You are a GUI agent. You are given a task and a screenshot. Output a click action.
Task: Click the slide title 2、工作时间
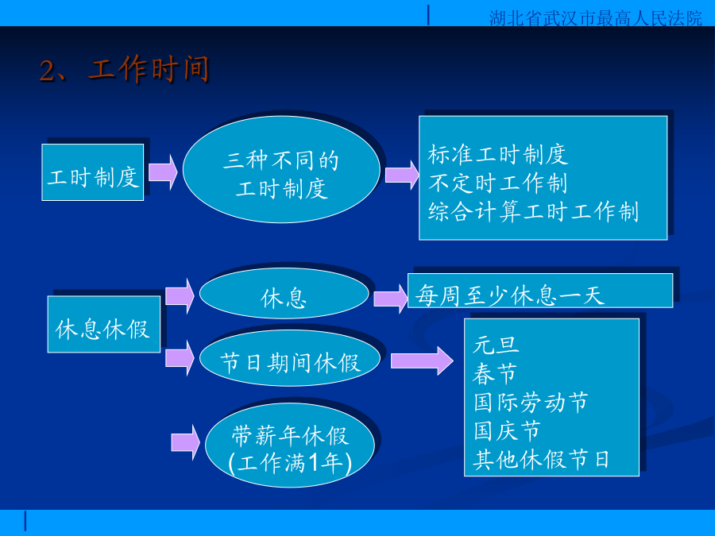(x=124, y=69)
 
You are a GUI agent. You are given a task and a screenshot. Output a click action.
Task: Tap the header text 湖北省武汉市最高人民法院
(x=596, y=18)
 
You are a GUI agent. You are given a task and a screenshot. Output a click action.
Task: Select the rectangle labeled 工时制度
(x=93, y=172)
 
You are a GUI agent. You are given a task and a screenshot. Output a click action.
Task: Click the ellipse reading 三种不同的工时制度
(x=281, y=169)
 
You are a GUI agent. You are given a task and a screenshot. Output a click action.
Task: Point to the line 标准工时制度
(x=498, y=155)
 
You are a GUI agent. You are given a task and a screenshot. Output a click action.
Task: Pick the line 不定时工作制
(x=497, y=183)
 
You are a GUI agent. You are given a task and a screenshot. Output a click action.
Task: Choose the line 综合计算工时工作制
(x=533, y=211)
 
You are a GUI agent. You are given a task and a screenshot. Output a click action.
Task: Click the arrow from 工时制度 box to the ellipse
(x=163, y=172)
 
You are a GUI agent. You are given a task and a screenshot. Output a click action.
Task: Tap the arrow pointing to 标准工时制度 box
(x=402, y=175)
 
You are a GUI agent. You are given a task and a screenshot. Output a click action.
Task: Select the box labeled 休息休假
(x=104, y=324)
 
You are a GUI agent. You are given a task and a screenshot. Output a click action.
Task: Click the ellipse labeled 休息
(x=284, y=294)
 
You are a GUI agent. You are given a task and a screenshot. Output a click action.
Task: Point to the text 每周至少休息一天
(x=510, y=295)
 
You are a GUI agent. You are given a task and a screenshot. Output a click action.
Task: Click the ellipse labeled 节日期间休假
(x=290, y=358)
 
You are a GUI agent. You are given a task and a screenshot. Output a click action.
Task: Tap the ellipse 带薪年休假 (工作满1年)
(x=290, y=445)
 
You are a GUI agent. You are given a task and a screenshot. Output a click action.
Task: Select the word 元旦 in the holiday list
(x=496, y=345)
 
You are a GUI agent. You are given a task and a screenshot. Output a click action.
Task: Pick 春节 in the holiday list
(x=495, y=374)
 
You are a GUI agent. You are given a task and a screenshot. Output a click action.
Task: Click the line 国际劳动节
(x=531, y=402)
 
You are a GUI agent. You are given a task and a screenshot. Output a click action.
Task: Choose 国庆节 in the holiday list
(x=507, y=430)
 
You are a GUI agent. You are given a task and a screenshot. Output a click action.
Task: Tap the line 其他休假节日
(x=541, y=459)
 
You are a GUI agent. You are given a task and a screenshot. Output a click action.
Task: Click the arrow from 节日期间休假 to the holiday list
(x=423, y=361)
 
